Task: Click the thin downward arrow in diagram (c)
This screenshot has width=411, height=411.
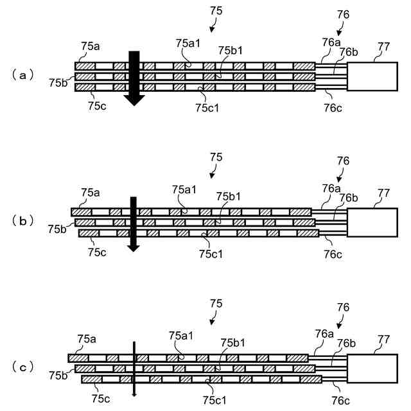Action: pyautogui.click(x=134, y=369)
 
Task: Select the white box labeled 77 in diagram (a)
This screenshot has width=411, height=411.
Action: pyautogui.click(x=372, y=77)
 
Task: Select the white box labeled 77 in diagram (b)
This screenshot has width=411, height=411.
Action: pyautogui.click(x=372, y=223)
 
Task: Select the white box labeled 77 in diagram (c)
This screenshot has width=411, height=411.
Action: pyautogui.click(x=372, y=369)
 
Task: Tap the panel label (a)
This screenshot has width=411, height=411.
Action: pyautogui.click(x=23, y=75)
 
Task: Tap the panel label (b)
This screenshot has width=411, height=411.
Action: pyautogui.click(x=23, y=221)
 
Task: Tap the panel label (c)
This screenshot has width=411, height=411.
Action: pyautogui.click(x=23, y=367)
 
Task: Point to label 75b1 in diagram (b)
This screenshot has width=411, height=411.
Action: pyautogui.click(x=229, y=196)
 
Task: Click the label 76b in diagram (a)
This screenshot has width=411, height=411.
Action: pyautogui.click(x=349, y=52)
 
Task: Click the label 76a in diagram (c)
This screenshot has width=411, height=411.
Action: pyautogui.click(x=325, y=333)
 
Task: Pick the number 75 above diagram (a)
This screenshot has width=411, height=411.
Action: pyautogui.click(x=216, y=11)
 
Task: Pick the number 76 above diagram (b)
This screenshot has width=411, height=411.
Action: pyautogui.click(x=344, y=161)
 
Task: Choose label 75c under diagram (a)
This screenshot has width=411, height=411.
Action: pyautogui.click(x=97, y=105)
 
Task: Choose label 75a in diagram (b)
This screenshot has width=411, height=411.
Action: pyautogui.click(x=91, y=191)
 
